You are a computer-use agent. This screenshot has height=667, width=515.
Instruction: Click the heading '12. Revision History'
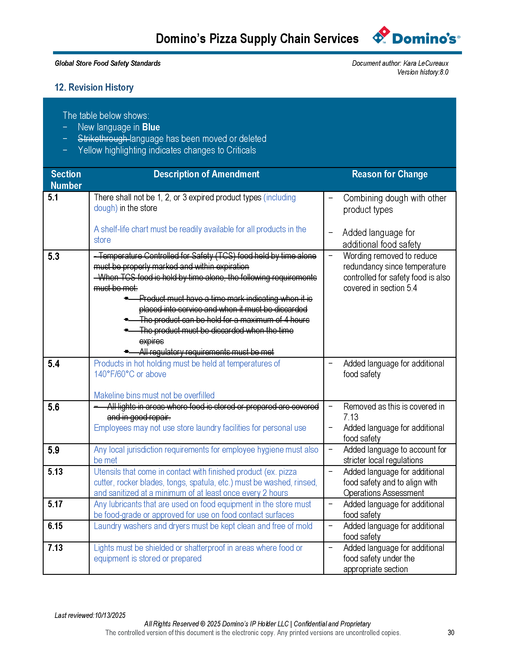click(94, 87)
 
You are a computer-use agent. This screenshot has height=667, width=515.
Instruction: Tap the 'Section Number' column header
click(66, 179)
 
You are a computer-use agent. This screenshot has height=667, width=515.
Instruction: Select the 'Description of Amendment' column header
click(206, 174)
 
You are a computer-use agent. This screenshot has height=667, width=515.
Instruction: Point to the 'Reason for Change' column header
click(390, 174)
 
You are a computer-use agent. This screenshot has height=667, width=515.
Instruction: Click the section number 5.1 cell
click(53, 198)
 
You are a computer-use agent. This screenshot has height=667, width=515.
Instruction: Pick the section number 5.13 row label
click(55, 471)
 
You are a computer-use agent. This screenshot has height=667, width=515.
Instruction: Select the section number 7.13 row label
click(55, 548)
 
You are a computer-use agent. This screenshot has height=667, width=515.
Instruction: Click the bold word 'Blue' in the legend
click(151, 127)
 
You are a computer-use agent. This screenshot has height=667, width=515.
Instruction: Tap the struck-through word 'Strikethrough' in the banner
click(102, 139)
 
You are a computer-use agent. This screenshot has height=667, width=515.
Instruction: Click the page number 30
click(451, 632)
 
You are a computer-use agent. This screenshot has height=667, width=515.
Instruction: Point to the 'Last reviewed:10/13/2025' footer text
click(90, 615)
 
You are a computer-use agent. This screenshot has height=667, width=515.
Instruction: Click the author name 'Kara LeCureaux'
click(426, 63)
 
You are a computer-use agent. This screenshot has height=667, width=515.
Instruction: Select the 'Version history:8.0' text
click(423, 72)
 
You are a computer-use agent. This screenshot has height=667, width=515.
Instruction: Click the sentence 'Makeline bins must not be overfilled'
click(154, 395)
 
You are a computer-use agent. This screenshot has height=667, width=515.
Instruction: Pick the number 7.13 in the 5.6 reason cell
click(351, 417)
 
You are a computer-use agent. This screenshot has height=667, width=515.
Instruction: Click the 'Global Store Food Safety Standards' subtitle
click(108, 63)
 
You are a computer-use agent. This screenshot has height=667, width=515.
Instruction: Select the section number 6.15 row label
click(55, 526)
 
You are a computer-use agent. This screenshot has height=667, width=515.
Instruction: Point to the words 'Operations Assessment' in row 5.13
click(384, 493)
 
